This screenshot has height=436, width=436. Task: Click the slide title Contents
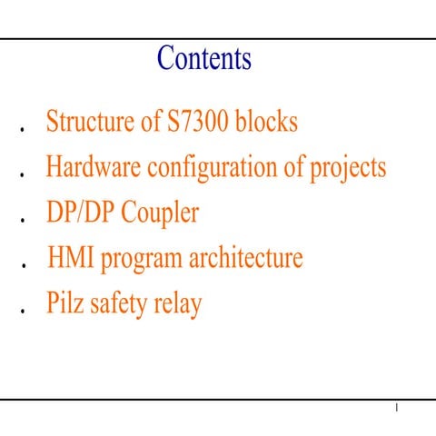[x=204, y=59]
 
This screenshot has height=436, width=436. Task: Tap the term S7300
[x=198, y=122]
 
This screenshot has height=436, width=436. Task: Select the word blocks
[x=266, y=122]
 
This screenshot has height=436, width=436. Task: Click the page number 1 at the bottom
[x=397, y=411]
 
